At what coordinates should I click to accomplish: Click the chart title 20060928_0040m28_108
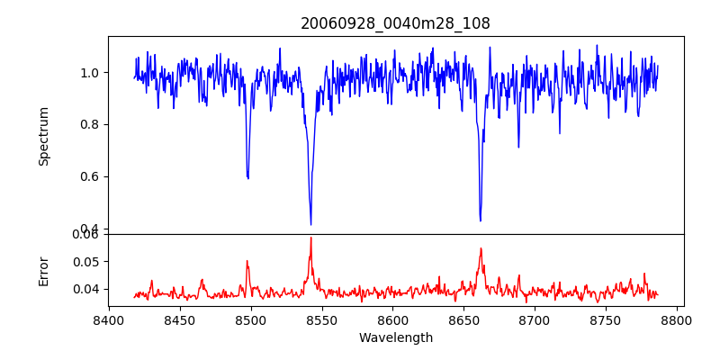click(395, 23)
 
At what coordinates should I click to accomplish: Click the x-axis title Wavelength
click(395, 337)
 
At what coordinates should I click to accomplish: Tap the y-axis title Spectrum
click(43, 136)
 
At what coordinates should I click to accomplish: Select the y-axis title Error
click(43, 271)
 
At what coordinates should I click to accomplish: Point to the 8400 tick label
click(108, 319)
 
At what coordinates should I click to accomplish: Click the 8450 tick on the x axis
click(179, 319)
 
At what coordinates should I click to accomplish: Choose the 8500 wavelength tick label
click(250, 319)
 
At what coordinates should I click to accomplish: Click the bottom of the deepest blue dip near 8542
click(310, 224)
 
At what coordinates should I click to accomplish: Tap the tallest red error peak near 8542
click(310, 238)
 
